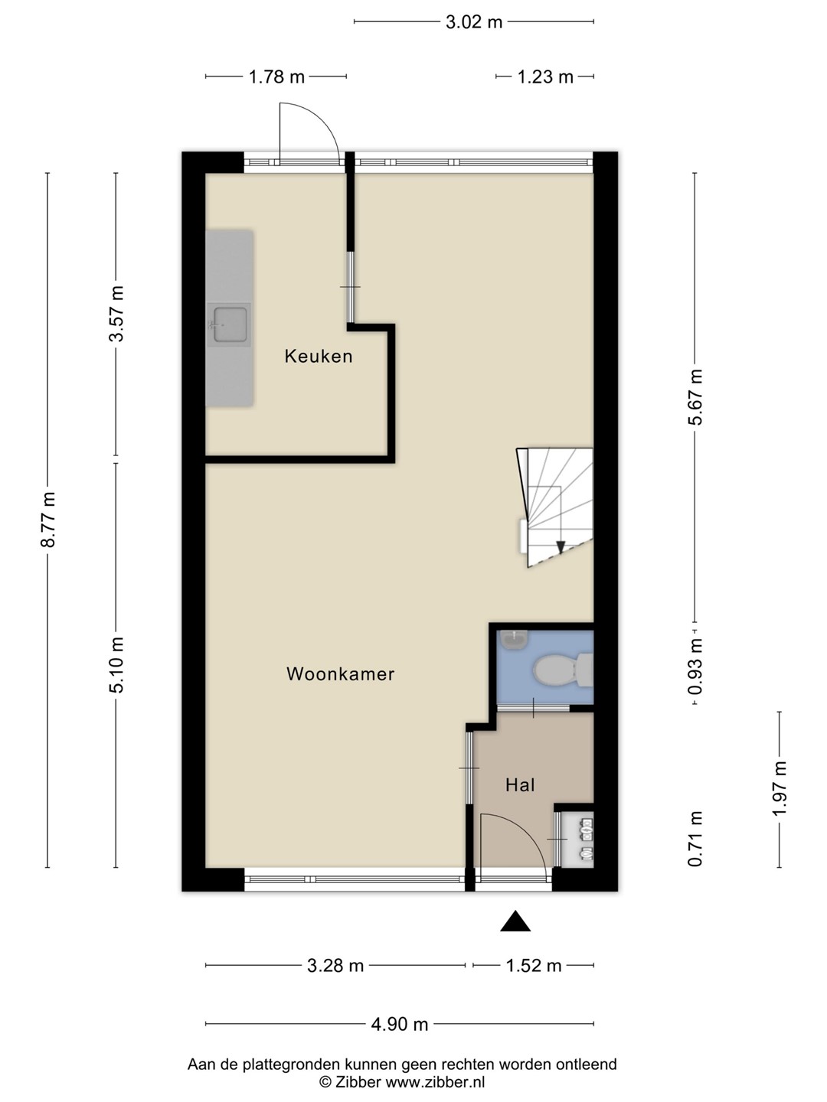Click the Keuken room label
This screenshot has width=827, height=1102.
point(319,356)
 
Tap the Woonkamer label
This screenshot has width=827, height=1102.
point(341,673)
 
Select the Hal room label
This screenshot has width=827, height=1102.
point(520,784)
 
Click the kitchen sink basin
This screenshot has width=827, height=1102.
point(230,323)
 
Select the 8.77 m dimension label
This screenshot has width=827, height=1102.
point(48,519)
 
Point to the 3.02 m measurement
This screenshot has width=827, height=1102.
point(474,22)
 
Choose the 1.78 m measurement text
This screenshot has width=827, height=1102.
point(276,77)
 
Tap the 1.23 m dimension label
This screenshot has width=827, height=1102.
point(545,77)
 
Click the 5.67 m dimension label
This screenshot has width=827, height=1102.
point(695,397)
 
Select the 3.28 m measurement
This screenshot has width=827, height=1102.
point(335,966)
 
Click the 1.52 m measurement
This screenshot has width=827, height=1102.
point(533,966)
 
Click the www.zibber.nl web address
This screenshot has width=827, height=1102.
point(435,1081)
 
